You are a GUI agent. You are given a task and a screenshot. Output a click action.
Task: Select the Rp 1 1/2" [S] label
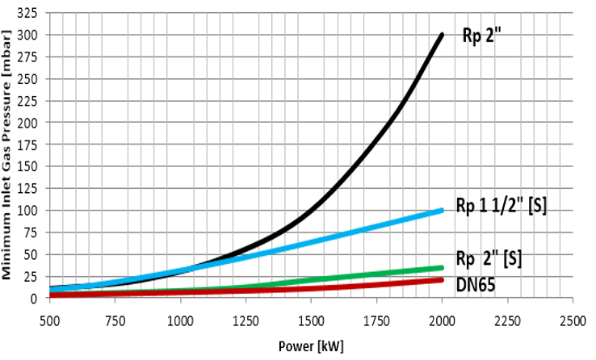click(502, 206)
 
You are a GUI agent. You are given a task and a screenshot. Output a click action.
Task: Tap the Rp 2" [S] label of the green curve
click(489, 259)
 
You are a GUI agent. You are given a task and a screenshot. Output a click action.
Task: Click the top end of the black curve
click(443, 36)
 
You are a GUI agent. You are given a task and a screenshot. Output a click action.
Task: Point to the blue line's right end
click(442, 211)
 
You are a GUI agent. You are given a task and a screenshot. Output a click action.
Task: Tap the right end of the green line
click(442, 267)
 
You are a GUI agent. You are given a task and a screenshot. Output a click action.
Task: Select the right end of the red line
click(442, 279)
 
